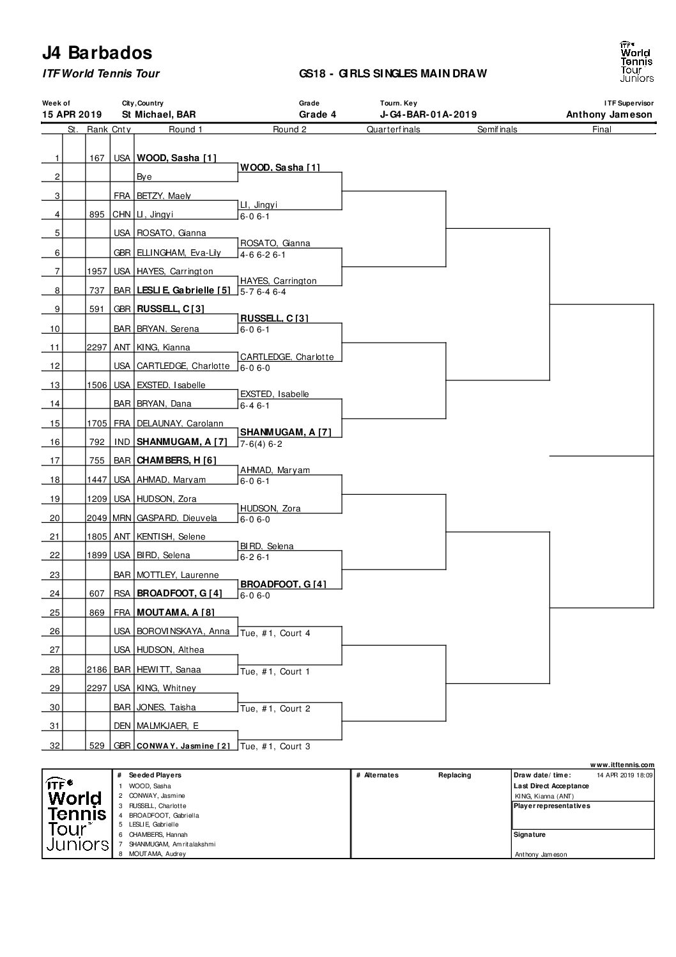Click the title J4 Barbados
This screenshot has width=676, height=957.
pos(97,53)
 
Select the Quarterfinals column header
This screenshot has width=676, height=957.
pos(394,129)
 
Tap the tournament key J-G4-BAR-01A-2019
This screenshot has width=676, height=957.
pos(428,114)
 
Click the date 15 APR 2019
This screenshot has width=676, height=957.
pos(72,114)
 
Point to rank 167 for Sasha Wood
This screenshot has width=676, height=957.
pos(97,158)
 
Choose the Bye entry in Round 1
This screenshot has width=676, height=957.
pos(144,177)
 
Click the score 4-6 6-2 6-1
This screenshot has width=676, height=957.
pos(263,254)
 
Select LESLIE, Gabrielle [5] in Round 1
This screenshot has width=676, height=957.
pos(183,290)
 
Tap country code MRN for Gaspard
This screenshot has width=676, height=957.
pos(121,518)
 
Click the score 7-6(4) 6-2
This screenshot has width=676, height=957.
pos(261,444)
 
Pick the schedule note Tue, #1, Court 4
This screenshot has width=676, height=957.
pos(275,633)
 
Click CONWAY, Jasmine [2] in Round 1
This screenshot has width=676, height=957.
pos(183,746)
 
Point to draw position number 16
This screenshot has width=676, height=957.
pos(55,442)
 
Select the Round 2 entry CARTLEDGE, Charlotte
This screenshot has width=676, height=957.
pos(287,357)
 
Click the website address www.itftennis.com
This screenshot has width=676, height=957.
pos(622,765)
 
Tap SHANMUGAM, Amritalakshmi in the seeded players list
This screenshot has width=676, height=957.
pos(172,844)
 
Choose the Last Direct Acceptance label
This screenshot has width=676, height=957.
pos(551,786)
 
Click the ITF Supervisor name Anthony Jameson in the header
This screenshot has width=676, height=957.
pos(609,114)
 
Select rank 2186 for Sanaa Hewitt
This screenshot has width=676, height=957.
pos(97,669)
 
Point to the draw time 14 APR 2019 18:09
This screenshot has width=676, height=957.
pos(625,775)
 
